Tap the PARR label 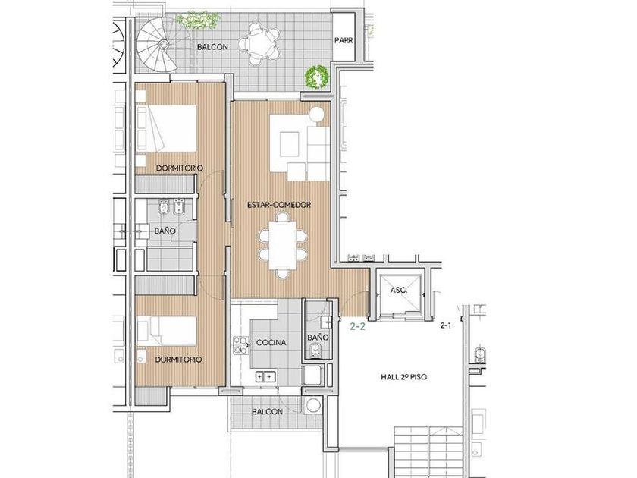(x=344, y=41)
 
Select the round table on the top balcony (x=259, y=44)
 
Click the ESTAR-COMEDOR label (x=279, y=205)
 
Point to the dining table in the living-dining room (x=283, y=246)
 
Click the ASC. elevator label (x=399, y=290)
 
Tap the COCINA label (x=271, y=343)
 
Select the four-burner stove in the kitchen (x=241, y=344)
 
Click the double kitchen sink (x=265, y=377)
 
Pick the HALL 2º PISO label (x=403, y=377)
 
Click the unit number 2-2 (x=357, y=326)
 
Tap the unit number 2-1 (x=446, y=325)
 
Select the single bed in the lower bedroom (x=167, y=331)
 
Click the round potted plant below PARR (x=317, y=77)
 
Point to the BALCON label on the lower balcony (x=267, y=412)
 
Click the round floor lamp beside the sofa (x=317, y=115)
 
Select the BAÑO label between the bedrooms (x=165, y=231)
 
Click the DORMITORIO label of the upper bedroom (x=180, y=168)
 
